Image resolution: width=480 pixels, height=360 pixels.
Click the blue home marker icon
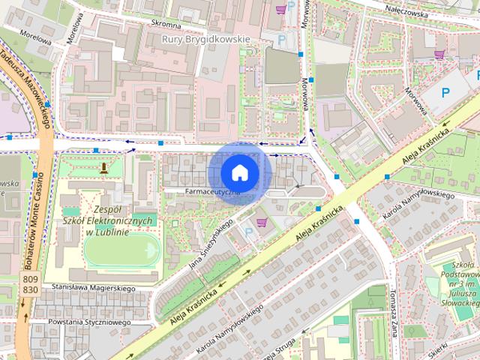point(238,172)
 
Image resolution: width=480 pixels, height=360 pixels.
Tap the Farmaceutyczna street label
point(213,193)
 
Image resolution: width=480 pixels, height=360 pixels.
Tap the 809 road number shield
point(31,279)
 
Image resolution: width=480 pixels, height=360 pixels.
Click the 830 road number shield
point(31,289)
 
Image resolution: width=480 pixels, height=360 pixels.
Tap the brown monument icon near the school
point(103,167)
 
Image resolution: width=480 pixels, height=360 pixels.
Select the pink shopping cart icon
point(261,222)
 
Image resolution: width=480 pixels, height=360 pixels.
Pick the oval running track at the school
point(121,248)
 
